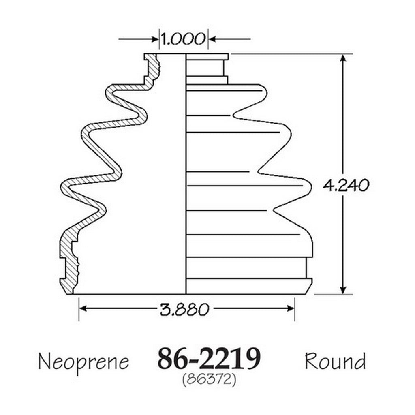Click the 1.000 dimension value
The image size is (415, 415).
point(183,39)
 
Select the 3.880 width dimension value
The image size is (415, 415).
point(184,309)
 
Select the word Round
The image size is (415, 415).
point(335,361)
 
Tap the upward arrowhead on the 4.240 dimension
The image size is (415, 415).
point(343,58)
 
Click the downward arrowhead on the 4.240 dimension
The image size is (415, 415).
point(343,290)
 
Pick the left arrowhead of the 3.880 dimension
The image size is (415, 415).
point(83,308)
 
